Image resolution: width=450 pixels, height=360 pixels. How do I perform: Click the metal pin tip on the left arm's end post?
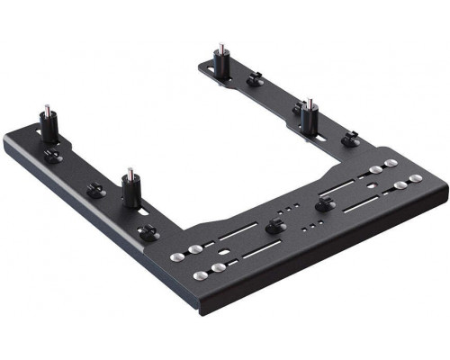click(44, 112)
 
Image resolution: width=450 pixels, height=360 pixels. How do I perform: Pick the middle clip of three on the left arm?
click(93, 191)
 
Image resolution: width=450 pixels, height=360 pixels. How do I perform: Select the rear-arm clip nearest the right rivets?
click(350, 139)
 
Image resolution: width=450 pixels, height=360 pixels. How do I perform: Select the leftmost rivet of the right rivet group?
click(373, 168)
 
